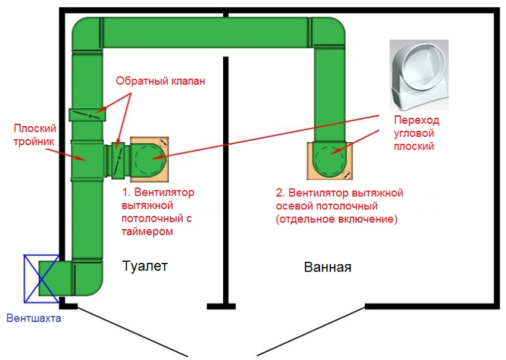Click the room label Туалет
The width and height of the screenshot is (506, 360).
(145, 266)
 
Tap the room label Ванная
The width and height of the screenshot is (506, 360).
(327, 267)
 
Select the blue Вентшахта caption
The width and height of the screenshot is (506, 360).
(33, 318)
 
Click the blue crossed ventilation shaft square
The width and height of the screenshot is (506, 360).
(42, 278)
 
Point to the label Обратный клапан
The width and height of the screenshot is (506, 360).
(160, 81)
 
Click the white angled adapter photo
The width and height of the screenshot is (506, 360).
(419, 76)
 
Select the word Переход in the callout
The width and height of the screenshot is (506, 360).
(417, 120)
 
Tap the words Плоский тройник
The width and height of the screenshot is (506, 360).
(35, 135)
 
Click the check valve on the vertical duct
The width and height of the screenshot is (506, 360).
(88, 115)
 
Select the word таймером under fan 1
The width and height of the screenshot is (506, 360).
(147, 231)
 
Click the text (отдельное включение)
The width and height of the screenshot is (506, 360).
(336, 219)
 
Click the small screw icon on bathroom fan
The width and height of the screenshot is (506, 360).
(346, 174)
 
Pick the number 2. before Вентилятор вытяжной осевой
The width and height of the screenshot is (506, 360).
(280, 193)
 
